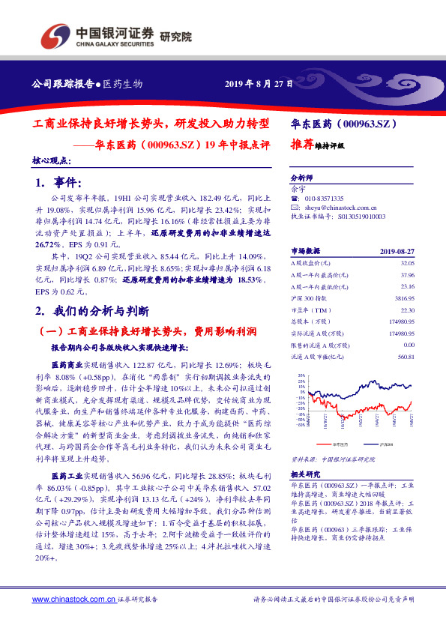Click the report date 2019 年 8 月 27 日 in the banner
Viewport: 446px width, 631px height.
click(259, 83)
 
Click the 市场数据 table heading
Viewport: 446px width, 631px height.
click(305, 251)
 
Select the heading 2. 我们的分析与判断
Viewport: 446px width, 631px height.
click(92, 310)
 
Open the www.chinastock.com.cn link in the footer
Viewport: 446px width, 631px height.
click(74, 600)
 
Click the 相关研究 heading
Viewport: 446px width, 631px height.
click(305, 474)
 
